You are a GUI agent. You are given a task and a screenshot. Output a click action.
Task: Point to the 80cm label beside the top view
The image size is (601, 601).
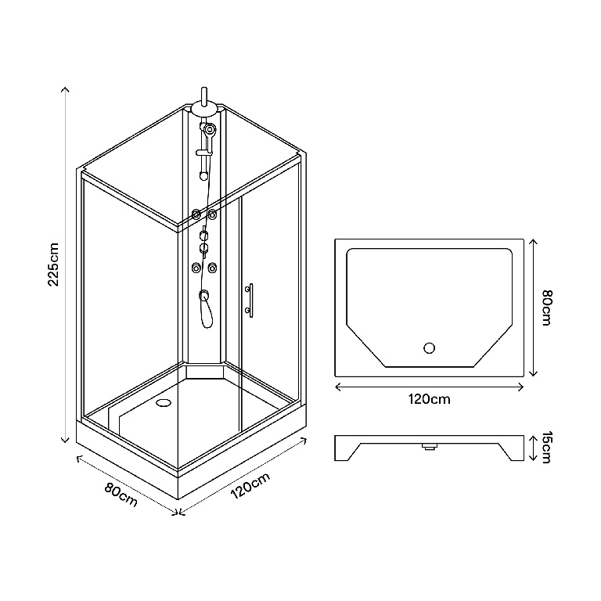546,308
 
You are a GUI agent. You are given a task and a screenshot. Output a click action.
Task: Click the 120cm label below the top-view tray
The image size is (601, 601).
429,399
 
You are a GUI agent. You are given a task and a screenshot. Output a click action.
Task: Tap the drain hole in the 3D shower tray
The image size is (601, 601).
164,403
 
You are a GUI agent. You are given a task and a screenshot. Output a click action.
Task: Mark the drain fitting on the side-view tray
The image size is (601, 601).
429,448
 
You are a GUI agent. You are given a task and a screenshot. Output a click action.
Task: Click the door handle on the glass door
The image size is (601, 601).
249,300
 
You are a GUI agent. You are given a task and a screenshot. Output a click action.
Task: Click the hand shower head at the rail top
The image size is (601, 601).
208,128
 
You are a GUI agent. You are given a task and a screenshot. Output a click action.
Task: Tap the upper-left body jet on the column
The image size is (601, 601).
196,213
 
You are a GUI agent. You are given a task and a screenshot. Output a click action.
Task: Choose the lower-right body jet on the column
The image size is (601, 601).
211,268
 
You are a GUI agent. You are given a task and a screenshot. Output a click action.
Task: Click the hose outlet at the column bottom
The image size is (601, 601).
203,295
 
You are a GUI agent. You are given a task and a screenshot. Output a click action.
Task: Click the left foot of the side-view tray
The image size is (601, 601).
345,452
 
